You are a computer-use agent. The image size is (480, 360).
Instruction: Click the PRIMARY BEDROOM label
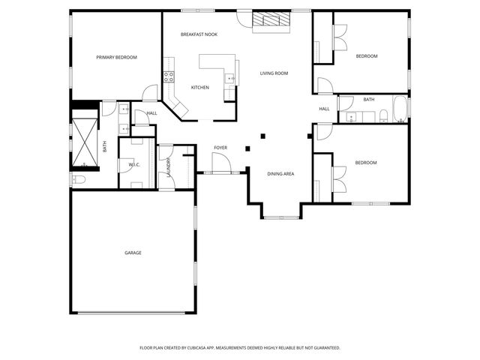pyautogui.click(x=116, y=57)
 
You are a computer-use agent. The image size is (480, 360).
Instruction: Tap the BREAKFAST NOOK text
pyautogui.click(x=199, y=34)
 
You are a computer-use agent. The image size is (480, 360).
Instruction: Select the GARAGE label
pyautogui.click(x=133, y=253)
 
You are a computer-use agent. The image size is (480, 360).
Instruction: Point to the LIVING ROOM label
pyautogui.click(x=274, y=73)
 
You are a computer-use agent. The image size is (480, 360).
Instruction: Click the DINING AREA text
pyautogui.click(x=280, y=174)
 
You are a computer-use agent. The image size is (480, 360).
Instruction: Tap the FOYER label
pyautogui.click(x=220, y=148)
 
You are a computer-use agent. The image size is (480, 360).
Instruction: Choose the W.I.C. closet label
pyautogui.click(x=135, y=164)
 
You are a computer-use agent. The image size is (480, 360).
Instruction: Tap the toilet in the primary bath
pyautogui.click(x=80, y=178)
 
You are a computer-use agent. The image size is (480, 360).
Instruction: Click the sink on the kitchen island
pyautogui.click(x=232, y=77)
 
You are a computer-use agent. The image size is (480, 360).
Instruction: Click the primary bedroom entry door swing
pyautogui.click(x=150, y=92)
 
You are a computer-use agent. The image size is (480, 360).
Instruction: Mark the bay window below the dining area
pyautogui.click(x=280, y=217)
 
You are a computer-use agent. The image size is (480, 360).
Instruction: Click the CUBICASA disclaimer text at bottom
pyautogui.click(x=240, y=348)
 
